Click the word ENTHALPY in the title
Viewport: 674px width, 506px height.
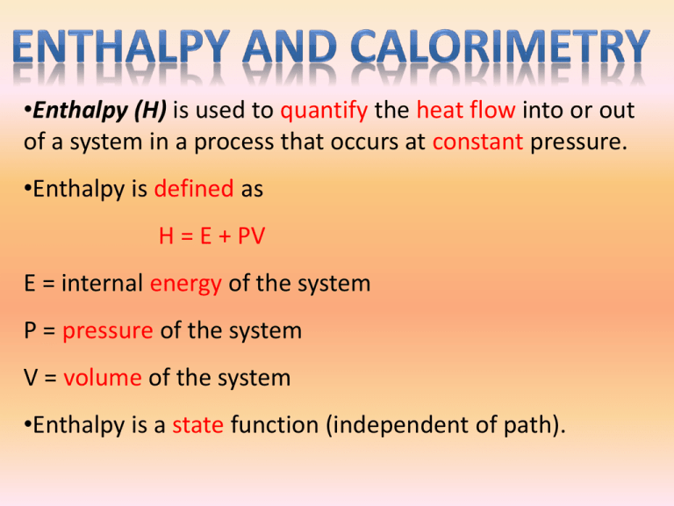121,47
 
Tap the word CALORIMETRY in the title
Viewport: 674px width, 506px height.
500,47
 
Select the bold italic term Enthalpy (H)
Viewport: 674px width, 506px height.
100,111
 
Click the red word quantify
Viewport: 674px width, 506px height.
324,111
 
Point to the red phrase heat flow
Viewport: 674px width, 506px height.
466,110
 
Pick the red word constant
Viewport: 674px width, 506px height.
477,142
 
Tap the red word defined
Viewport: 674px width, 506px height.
194,189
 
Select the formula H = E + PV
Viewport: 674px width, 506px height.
212,236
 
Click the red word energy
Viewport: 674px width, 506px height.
186,285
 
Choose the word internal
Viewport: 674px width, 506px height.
103,283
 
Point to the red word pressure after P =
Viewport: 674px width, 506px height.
108,332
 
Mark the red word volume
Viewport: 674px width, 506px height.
103,378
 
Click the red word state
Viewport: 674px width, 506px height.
198,425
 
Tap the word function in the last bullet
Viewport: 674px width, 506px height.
275,424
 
